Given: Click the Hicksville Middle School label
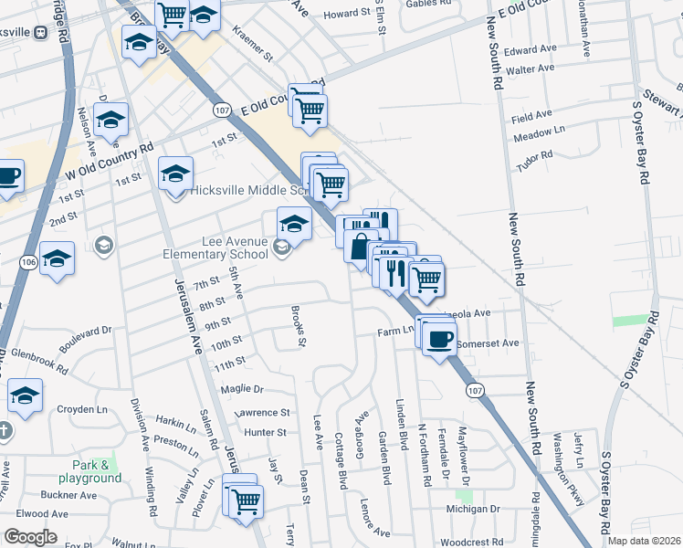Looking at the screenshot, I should [x=247, y=191].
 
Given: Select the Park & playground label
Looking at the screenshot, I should [x=89, y=471].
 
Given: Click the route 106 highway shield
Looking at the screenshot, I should [x=26, y=263].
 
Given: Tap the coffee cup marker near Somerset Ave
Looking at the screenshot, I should [x=439, y=340].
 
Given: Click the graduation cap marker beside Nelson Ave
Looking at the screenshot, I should [x=110, y=121].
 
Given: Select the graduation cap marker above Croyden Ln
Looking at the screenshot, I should [x=26, y=396].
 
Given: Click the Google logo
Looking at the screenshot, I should [x=30, y=537].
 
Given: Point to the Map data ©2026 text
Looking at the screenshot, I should [x=645, y=541].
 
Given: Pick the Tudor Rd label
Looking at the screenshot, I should [x=535, y=156].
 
